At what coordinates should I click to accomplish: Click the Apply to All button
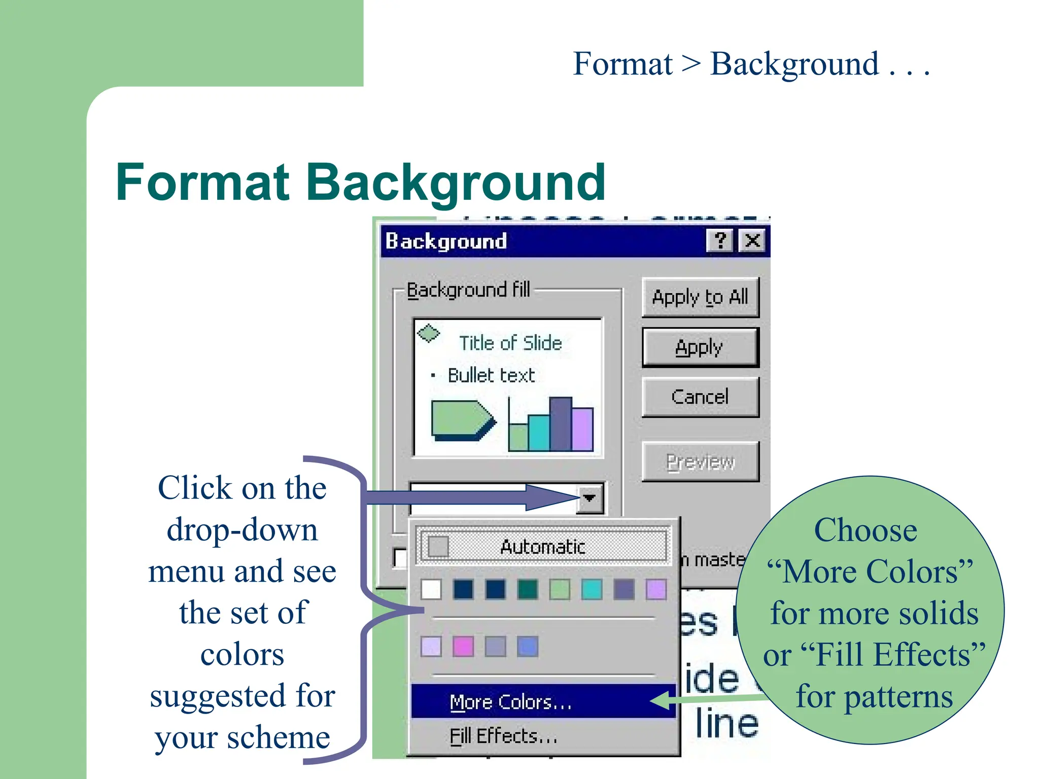tap(700, 297)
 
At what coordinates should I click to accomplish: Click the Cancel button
tap(700, 397)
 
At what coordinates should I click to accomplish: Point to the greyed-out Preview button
tap(700, 462)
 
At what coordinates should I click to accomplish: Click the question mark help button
tap(719, 240)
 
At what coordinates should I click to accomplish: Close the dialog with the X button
tap(752, 240)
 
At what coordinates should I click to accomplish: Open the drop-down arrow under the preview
tap(590, 498)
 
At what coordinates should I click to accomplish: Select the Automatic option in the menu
tap(542, 547)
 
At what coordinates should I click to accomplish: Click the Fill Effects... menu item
tap(503, 736)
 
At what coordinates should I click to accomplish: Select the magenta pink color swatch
tap(463, 647)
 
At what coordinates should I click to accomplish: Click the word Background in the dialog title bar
tap(446, 241)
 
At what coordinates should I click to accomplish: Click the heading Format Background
tap(360, 183)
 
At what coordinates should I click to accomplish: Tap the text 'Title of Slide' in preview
tap(510, 343)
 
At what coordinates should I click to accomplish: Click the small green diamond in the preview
tap(428, 333)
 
